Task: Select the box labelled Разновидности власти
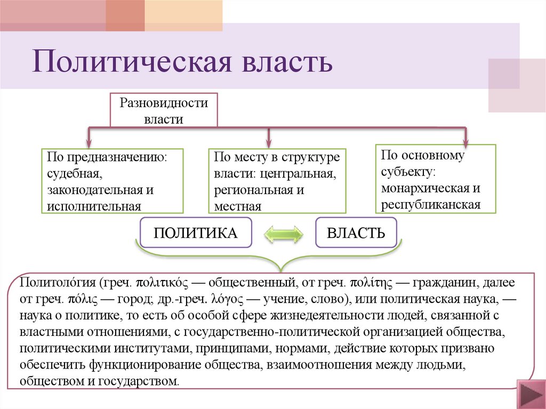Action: coord(163,110)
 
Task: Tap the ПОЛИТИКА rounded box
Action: coord(195,232)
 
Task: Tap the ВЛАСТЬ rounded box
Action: coord(356,232)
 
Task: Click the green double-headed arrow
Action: coord(284,233)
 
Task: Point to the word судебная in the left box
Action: coord(73,173)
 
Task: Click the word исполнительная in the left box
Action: coord(94,206)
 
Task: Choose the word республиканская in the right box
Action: coord(431,204)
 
